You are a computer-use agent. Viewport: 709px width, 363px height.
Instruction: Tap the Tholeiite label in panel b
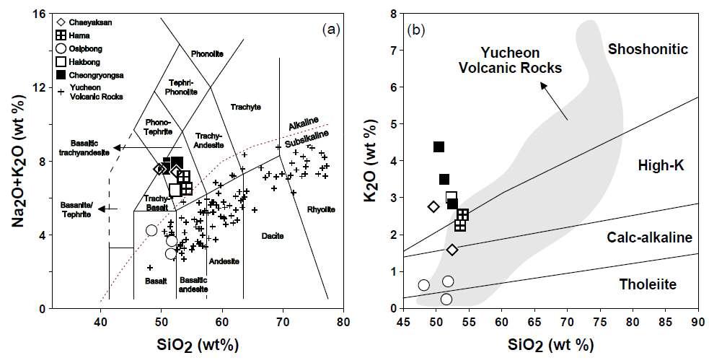click(647, 284)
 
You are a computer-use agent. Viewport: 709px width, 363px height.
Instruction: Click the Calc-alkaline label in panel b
click(649, 237)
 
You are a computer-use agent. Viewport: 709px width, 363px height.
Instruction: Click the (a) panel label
click(333, 30)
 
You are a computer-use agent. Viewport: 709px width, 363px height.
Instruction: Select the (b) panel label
click(418, 30)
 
